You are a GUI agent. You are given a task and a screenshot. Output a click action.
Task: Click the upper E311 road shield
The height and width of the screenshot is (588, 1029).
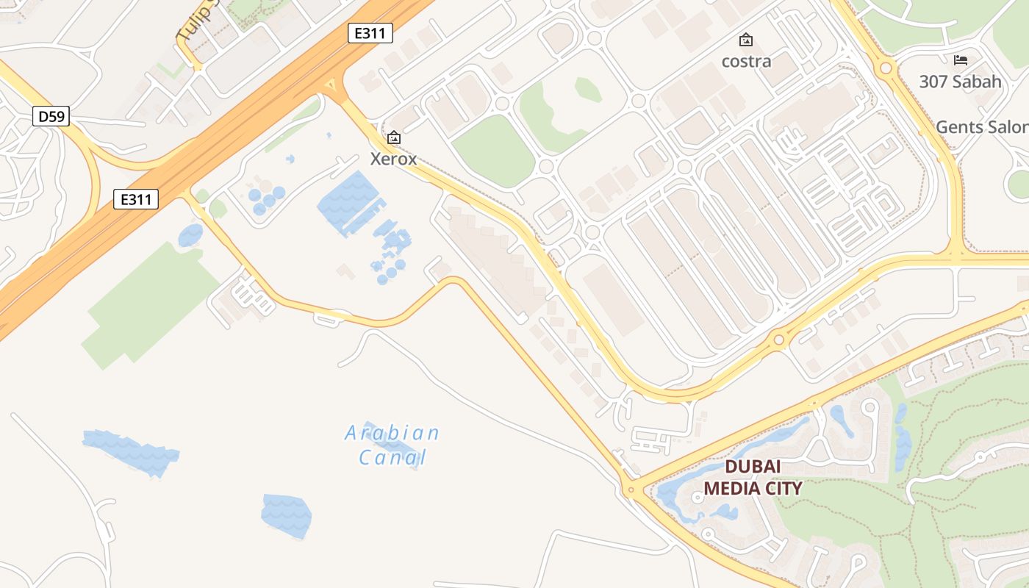pos(370,33)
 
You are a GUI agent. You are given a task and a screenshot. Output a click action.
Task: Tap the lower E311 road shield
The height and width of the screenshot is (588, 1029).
pos(136,198)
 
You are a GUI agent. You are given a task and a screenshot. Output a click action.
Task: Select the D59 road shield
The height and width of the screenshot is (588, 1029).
pos(51,115)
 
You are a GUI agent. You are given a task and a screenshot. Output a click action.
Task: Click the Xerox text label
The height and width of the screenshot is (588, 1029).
pos(393,159)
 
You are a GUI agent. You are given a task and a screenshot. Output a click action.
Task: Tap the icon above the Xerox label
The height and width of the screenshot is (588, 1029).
pos(394,137)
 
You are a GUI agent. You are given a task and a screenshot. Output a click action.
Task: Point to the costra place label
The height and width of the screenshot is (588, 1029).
pos(746,61)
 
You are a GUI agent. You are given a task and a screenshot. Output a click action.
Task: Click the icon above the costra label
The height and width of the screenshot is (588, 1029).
pos(746,40)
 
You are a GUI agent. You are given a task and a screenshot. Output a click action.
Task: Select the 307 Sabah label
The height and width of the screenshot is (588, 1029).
pos(960,82)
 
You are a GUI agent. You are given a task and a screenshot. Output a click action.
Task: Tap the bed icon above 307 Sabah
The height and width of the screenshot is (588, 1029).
pos(960,60)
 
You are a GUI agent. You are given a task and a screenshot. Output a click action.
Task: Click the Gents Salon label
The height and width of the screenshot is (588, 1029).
pos(982,127)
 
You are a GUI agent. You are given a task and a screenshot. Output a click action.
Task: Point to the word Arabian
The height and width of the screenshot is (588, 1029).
pos(392,433)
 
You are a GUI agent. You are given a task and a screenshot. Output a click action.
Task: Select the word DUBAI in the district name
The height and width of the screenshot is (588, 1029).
pos(753,467)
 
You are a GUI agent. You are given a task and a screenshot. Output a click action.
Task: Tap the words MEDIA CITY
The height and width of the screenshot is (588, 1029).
pos(753,487)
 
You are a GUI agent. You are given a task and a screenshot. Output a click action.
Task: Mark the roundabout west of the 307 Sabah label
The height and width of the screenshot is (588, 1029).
pos(886,68)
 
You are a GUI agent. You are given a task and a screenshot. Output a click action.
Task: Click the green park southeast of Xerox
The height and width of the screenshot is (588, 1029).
pos(493,151)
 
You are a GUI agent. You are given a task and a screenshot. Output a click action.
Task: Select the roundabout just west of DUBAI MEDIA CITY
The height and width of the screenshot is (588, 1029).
pos(630,490)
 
